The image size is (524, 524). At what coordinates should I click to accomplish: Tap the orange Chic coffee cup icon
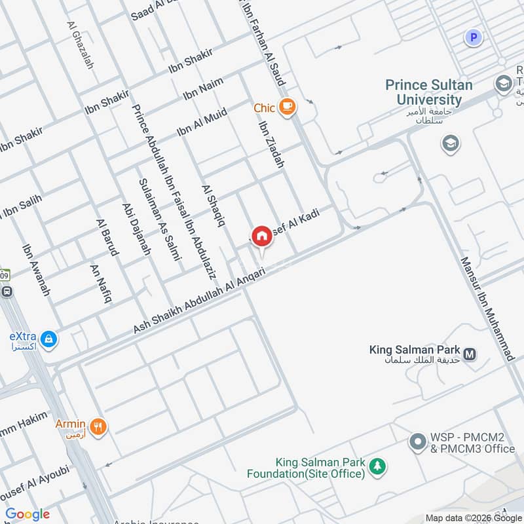pos(286,107)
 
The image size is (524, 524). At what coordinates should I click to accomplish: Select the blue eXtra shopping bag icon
pos(48,339)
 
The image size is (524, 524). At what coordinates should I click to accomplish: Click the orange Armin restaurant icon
pos(98,427)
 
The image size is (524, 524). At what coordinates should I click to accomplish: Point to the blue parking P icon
pos(473,37)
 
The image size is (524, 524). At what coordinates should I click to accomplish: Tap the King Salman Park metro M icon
pos(470,354)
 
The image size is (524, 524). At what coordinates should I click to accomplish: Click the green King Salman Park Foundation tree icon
pos(377,466)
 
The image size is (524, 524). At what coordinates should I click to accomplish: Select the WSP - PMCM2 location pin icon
pos(417,442)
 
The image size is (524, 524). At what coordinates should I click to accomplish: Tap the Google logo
pos(28,514)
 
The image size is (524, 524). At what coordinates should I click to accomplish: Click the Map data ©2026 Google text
pos(473,517)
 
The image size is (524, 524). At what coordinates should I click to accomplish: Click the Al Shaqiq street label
pos(214,205)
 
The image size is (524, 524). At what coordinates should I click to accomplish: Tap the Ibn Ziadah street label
pos(271,145)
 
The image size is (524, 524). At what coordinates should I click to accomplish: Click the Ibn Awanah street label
pos(36,270)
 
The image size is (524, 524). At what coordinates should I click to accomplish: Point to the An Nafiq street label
pos(101,283)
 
